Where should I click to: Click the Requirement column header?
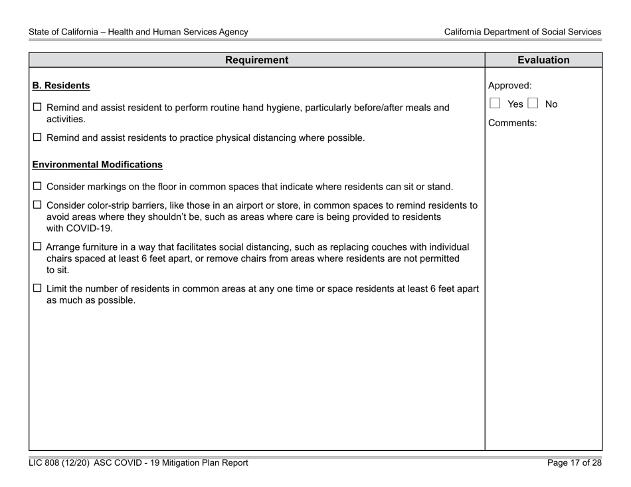coord(256,60)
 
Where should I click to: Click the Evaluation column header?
coord(543,60)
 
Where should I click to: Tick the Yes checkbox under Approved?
coord(494,104)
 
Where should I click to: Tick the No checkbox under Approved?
coord(533,104)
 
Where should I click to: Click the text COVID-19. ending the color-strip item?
coord(80,229)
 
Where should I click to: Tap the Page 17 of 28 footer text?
coord(575,463)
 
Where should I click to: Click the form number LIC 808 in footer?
coord(45,463)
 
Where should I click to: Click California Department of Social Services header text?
coord(523,31)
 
